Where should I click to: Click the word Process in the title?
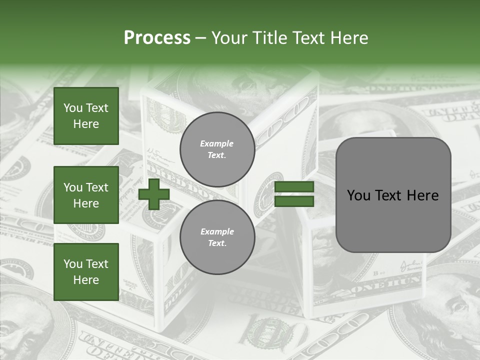pyautogui.click(x=157, y=38)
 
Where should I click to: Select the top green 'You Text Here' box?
pyautogui.click(x=86, y=116)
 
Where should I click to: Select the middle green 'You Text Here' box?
pyautogui.click(x=86, y=195)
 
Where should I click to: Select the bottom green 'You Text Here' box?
pyautogui.click(x=86, y=271)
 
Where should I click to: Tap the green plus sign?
pyautogui.click(x=154, y=194)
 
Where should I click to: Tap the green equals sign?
pyautogui.click(x=294, y=194)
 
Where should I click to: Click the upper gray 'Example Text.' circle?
pyautogui.click(x=217, y=149)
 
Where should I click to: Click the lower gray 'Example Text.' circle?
pyautogui.click(x=217, y=237)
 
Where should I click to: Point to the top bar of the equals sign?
pyautogui.click(x=294, y=187)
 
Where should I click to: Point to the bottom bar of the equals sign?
pyautogui.click(x=294, y=201)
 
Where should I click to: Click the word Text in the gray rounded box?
pyautogui.click(x=393, y=195)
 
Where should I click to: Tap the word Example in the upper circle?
pyautogui.click(x=216, y=143)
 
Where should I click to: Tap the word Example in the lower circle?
pyautogui.click(x=217, y=231)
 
